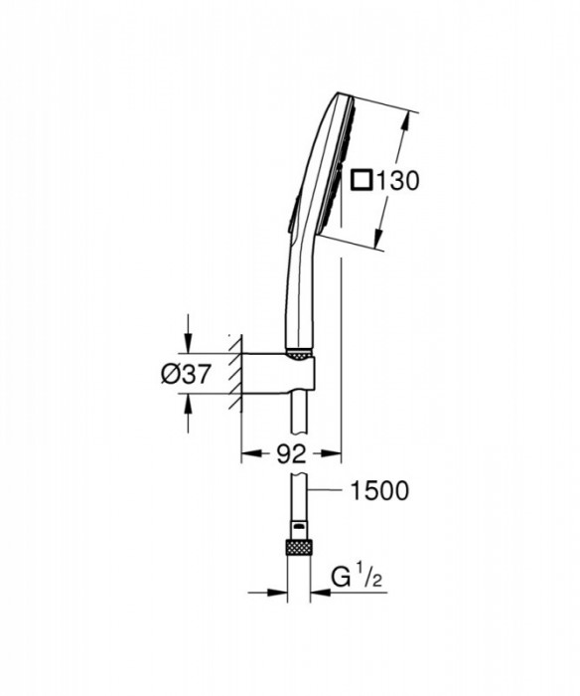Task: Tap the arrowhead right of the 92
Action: (336, 454)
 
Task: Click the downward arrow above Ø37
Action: (188, 343)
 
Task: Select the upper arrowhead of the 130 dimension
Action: (406, 117)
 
